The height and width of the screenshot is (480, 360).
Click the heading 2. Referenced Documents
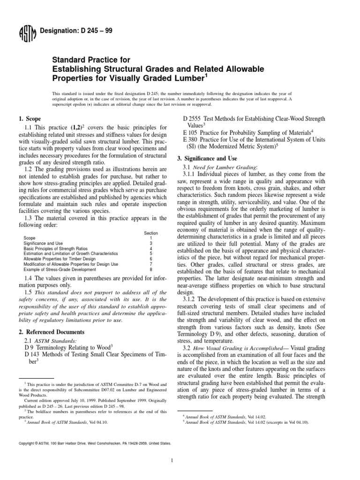49,332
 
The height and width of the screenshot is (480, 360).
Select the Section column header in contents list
151,233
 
